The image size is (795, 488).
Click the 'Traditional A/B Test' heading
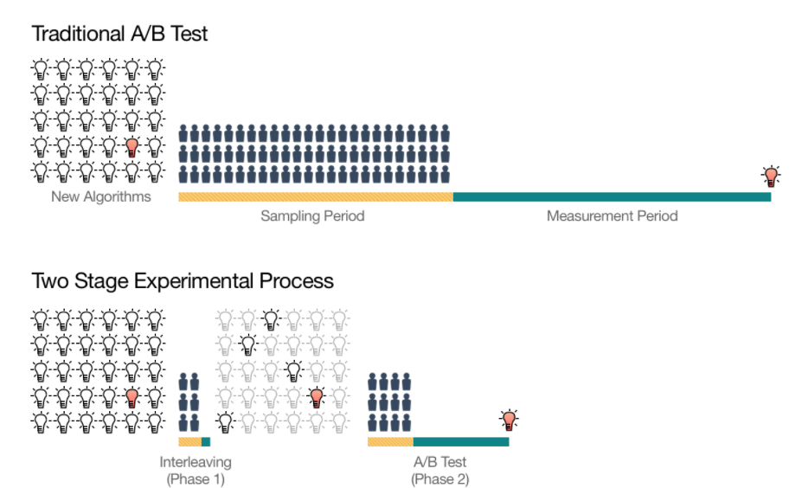(119, 34)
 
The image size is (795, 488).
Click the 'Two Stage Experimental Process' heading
(183, 281)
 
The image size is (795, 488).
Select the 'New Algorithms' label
(100, 197)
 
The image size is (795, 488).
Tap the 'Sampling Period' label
(312, 215)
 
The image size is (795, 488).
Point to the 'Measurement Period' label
(612, 215)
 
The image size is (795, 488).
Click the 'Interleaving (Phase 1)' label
(196, 470)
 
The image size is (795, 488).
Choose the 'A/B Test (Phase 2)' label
(439, 470)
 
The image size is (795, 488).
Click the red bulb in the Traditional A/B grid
(131, 146)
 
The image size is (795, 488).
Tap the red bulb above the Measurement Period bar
(771, 177)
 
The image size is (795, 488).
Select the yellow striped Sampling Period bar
(316, 197)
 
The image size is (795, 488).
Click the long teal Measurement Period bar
(612, 197)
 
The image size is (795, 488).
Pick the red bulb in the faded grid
(317, 397)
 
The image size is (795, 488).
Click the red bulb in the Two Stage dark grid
(131, 397)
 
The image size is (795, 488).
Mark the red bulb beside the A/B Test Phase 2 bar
(510, 421)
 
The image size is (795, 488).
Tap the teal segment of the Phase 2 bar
(461, 442)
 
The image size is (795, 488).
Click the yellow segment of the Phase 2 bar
(390, 442)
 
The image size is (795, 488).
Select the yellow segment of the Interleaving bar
(189, 442)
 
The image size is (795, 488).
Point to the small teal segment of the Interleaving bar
(206, 442)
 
